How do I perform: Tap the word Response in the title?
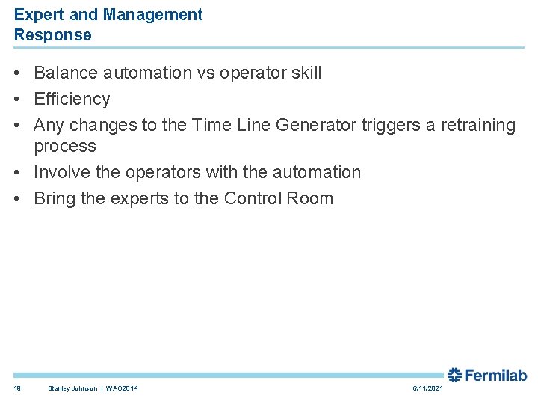53,35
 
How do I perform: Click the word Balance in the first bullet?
65,73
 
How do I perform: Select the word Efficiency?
72,99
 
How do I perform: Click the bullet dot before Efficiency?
17,100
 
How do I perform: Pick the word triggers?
391,125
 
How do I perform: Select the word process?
65,147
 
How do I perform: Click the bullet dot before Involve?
17,173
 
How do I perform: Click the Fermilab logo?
487,375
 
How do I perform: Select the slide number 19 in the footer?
16,388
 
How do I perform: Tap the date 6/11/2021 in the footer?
427,388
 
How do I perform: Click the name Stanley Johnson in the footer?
73,388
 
